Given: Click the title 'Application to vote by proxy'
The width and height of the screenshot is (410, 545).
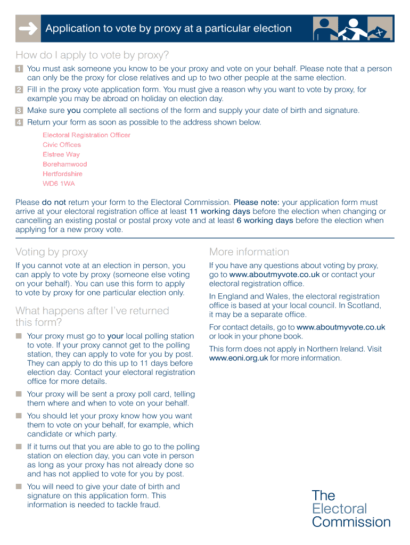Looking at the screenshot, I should point(168,29).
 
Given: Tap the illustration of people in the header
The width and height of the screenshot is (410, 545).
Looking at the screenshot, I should point(352,29).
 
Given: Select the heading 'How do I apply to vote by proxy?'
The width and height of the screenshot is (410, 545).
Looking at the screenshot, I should point(92,55).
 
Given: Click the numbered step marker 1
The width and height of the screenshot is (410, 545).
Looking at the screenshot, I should point(19,69).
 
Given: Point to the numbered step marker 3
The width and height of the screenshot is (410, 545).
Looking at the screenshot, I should point(19,111).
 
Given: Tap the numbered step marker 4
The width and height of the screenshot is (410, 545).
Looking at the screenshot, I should point(19,122).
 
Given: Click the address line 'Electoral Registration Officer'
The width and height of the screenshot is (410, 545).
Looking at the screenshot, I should point(86,135).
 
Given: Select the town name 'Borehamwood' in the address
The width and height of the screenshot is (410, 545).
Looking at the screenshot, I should point(64,164).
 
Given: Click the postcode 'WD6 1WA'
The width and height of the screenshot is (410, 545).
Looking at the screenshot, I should point(59,184).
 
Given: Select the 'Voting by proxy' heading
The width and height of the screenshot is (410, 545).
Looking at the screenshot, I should point(52,252).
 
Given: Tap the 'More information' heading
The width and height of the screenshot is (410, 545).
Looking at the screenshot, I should point(249,252).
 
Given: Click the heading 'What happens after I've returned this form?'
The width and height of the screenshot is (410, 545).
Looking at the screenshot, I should point(92,316).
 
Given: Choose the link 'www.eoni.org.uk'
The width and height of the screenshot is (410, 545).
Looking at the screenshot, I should point(239,358).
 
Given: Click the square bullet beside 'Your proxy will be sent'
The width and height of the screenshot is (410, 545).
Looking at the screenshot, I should point(19,394).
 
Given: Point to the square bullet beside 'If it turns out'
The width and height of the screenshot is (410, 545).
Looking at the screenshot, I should point(19,447).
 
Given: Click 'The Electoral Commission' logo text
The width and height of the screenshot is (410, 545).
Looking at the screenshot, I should point(351,508).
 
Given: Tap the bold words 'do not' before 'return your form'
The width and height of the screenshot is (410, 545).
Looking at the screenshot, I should point(54,202).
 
